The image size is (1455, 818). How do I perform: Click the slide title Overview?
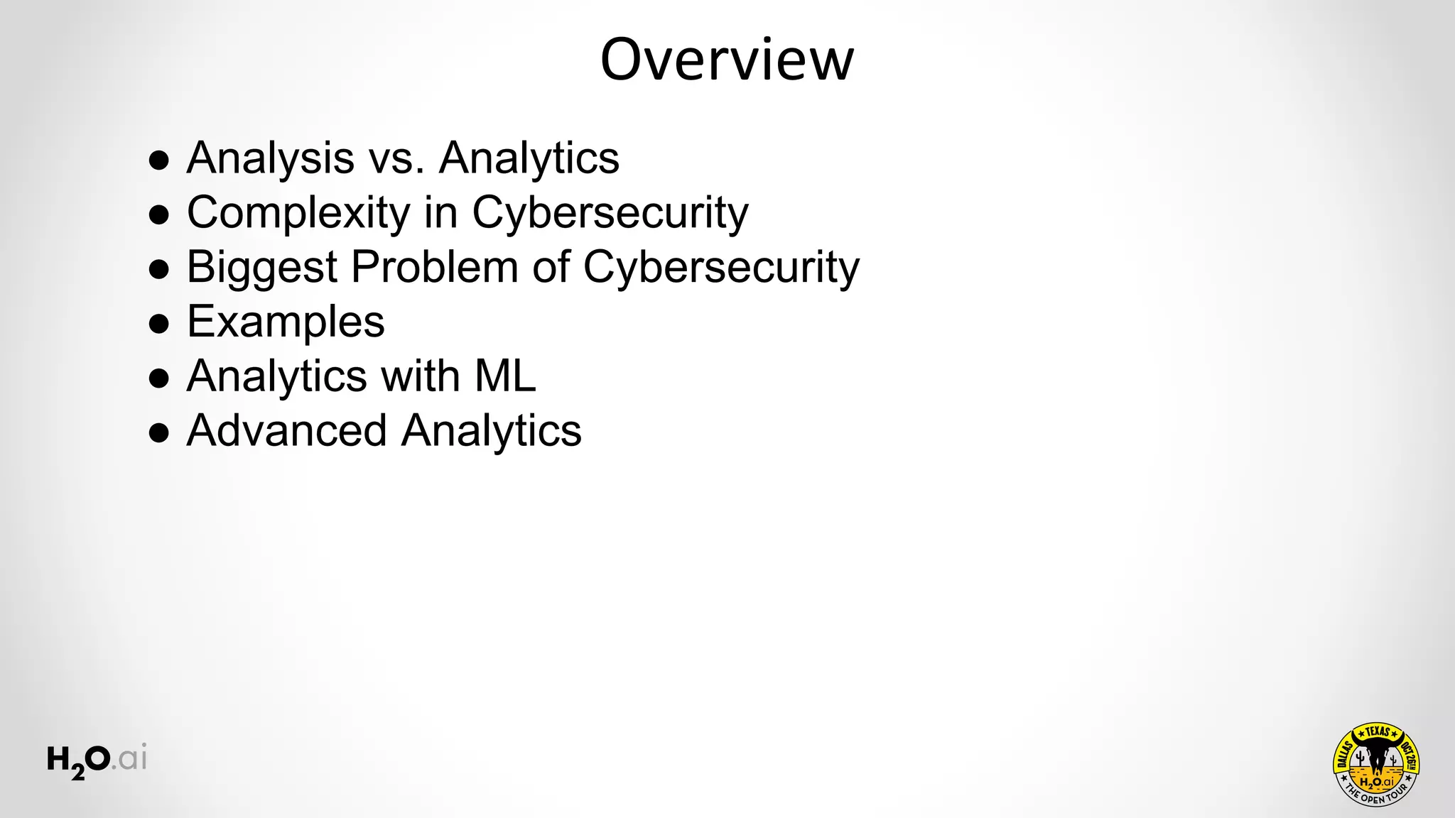coord(726,60)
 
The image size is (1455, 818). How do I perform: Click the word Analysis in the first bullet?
coord(270,158)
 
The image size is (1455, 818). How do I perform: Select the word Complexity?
coord(298,212)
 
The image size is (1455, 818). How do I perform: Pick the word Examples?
coord(286,322)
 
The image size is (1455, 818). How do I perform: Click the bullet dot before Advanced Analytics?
coord(159,433)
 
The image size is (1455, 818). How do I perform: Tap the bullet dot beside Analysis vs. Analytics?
coord(159,160)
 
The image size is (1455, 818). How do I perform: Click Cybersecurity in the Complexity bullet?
coord(610,212)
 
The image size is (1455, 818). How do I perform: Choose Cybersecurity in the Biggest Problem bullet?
coord(721,267)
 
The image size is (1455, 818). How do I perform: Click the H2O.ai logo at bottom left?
coord(97,760)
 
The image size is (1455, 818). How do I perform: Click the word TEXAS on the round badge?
coord(1377,732)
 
